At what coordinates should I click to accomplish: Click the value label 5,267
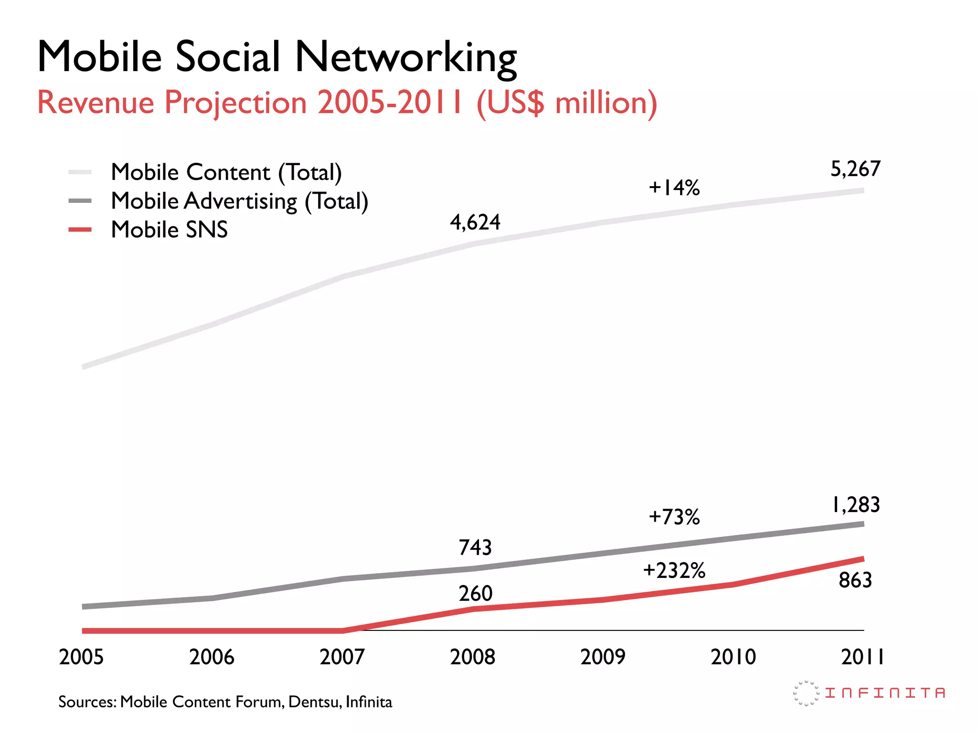[855, 169]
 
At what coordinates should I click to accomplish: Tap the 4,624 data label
[475, 222]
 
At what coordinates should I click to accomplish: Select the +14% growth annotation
[674, 188]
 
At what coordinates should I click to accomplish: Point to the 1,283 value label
[855, 505]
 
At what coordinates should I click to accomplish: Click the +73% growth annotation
[674, 517]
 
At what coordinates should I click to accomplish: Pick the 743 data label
[475, 548]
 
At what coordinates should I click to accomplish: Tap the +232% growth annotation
[674, 571]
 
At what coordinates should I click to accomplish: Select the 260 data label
[475, 594]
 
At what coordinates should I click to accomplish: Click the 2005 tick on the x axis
[81, 657]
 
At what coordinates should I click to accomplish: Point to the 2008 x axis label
[472, 657]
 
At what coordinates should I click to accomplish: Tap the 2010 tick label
[733, 657]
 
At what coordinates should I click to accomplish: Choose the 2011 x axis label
[862, 657]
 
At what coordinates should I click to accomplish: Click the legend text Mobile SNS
[169, 230]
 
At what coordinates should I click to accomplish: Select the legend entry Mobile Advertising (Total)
[239, 201]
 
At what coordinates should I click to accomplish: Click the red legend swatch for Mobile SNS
[80, 230]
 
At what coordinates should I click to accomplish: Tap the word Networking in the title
[405, 57]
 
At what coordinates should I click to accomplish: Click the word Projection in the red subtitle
[235, 103]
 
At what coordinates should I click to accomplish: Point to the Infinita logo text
[885, 693]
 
